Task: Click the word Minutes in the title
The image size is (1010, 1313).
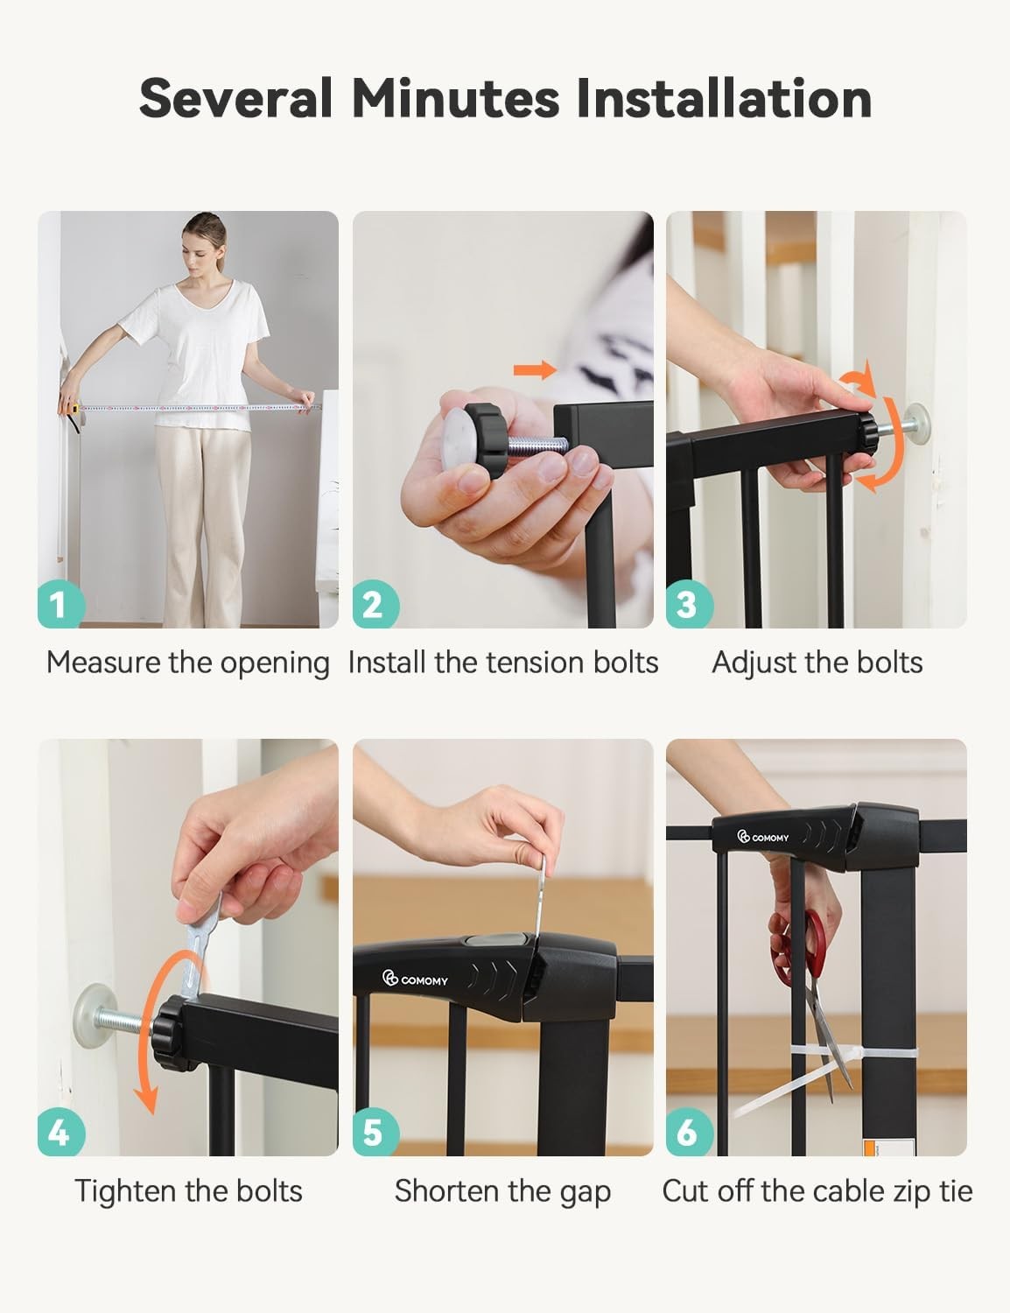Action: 455,98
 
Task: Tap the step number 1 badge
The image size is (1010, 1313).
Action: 60,604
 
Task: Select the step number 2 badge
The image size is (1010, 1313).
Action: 375,604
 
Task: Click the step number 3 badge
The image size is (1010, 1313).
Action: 689,604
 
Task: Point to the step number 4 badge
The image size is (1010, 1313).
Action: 60,1132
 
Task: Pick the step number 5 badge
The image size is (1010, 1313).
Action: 375,1132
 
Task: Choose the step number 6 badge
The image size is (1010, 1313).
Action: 689,1132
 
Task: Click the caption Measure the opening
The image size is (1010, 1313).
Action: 188,664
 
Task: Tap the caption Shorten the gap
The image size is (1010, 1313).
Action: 502,1192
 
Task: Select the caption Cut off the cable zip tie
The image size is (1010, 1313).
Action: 817,1192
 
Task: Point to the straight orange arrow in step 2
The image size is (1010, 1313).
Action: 536,369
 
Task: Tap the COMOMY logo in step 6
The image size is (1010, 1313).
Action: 762,837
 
